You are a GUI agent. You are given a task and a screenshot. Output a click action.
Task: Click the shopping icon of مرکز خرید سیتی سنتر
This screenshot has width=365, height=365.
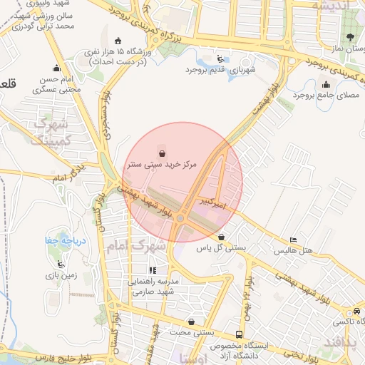[x=162, y=153]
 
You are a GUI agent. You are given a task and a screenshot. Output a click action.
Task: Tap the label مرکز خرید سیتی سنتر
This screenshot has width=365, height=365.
[x=162, y=164]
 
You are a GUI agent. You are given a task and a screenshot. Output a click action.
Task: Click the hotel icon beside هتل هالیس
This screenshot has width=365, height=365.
[x=293, y=240]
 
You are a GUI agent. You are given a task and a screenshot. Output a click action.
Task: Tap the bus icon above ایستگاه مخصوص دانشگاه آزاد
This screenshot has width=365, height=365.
[x=238, y=334]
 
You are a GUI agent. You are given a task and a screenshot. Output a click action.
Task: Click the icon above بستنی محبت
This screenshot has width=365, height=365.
[x=190, y=322]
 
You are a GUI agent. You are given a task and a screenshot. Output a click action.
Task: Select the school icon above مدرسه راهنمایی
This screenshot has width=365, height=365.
[x=153, y=271]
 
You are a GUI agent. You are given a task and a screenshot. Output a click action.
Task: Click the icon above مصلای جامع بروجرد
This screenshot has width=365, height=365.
[x=326, y=85]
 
